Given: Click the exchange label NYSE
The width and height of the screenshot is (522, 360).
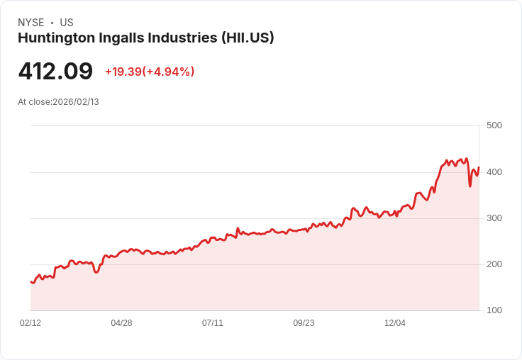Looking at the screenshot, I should click(30, 23).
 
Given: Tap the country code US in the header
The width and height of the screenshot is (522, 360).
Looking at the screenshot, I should click(67, 23).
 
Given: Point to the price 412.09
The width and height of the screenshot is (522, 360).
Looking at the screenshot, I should click(55, 72).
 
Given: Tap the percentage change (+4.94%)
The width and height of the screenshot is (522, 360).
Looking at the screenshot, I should click(169, 72).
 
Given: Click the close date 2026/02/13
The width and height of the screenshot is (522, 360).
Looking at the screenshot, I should click(76, 102).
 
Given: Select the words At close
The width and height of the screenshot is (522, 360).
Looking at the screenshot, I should click(34, 102).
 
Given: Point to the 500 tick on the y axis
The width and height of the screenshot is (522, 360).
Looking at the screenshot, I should click(494, 125).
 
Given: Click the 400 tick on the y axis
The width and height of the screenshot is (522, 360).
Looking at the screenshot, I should click(494, 172).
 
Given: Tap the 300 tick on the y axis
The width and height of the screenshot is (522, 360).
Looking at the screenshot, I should click(494, 218).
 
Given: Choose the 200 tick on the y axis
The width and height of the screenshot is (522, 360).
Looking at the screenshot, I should click(494, 264).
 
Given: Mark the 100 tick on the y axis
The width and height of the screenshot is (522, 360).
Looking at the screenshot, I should click(494, 310).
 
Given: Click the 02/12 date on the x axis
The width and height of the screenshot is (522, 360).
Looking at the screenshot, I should click(30, 323).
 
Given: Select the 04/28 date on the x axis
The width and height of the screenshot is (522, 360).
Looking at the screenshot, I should click(121, 323).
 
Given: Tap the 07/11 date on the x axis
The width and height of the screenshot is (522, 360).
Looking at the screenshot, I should click(213, 323).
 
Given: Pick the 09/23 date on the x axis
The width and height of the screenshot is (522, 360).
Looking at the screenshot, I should click(304, 323).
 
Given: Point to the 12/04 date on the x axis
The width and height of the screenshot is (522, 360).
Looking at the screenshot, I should click(395, 323).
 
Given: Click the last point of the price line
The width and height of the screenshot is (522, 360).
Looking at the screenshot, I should click(479, 167).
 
